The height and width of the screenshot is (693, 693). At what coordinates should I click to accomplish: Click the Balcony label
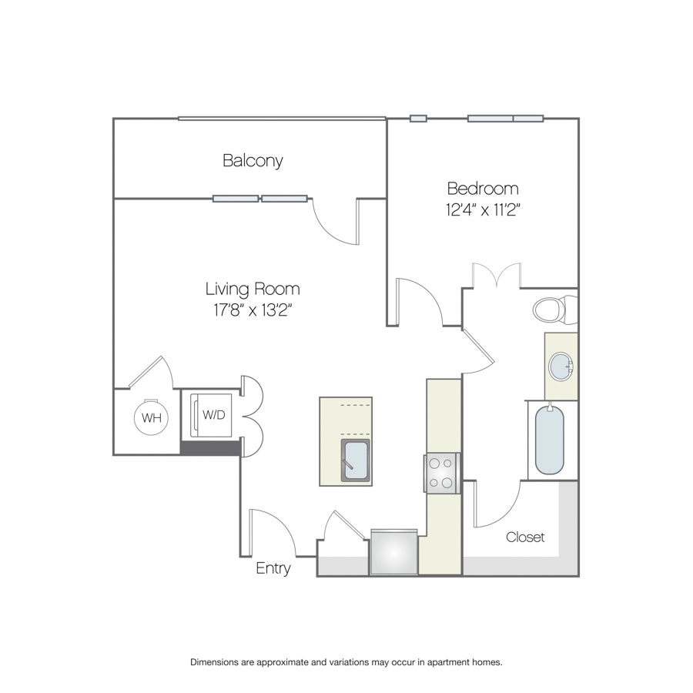click(253, 160)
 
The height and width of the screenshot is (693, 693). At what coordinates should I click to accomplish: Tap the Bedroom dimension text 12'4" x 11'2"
click(483, 209)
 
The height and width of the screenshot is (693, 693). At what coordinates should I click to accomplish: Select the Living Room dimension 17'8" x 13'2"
click(253, 310)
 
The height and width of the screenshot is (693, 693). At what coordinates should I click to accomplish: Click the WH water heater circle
click(151, 417)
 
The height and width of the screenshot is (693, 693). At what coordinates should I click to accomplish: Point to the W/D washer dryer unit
click(211, 416)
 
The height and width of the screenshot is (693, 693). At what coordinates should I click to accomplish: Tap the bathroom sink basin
click(561, 367)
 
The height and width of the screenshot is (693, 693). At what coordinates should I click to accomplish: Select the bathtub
click(549, 440)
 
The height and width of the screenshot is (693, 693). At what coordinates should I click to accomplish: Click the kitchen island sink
click(355, 460)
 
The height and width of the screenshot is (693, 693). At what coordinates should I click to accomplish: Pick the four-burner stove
click(442, 473)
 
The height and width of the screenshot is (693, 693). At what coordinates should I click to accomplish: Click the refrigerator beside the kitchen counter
click(393, 552)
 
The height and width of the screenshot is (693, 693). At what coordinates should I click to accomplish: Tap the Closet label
click(525, 537)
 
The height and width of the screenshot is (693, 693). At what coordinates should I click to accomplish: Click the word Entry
click(273, 568)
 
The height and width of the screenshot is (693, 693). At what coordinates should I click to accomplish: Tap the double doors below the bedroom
click(497, 275)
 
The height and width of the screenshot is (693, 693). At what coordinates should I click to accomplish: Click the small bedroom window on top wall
click(418, 119)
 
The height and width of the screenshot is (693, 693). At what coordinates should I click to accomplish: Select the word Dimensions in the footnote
click(214, 662)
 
